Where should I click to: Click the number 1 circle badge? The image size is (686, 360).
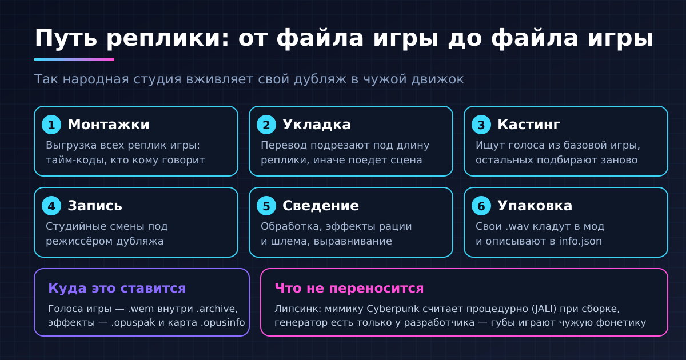coord(51,125)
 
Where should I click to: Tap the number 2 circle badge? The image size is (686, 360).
coord(266,125)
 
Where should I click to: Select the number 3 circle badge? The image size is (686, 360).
coord(481,125)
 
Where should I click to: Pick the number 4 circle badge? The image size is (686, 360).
coord(51,206)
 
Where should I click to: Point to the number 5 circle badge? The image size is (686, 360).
coord(266,206)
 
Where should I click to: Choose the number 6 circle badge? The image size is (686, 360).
coord(481,206)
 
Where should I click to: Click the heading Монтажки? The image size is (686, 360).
coord(109,125)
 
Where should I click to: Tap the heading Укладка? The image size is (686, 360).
coord(317,125)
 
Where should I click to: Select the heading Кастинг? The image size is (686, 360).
coord(529,125)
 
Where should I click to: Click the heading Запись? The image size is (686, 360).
coord(95,206)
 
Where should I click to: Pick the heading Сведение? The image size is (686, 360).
coord(321,206)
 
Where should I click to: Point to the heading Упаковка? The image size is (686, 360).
coord(535,206)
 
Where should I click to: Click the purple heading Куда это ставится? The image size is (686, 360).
coord(117,288)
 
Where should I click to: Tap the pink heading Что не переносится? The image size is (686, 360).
coord(349,288)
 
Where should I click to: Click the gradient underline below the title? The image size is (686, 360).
coord(74,59)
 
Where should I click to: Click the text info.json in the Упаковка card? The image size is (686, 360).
coord(580,241)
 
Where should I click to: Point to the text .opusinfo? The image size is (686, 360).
coord(222,323)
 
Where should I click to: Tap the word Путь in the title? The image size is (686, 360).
coord(66,38)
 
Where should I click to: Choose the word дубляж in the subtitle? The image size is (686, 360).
coord(320,79)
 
